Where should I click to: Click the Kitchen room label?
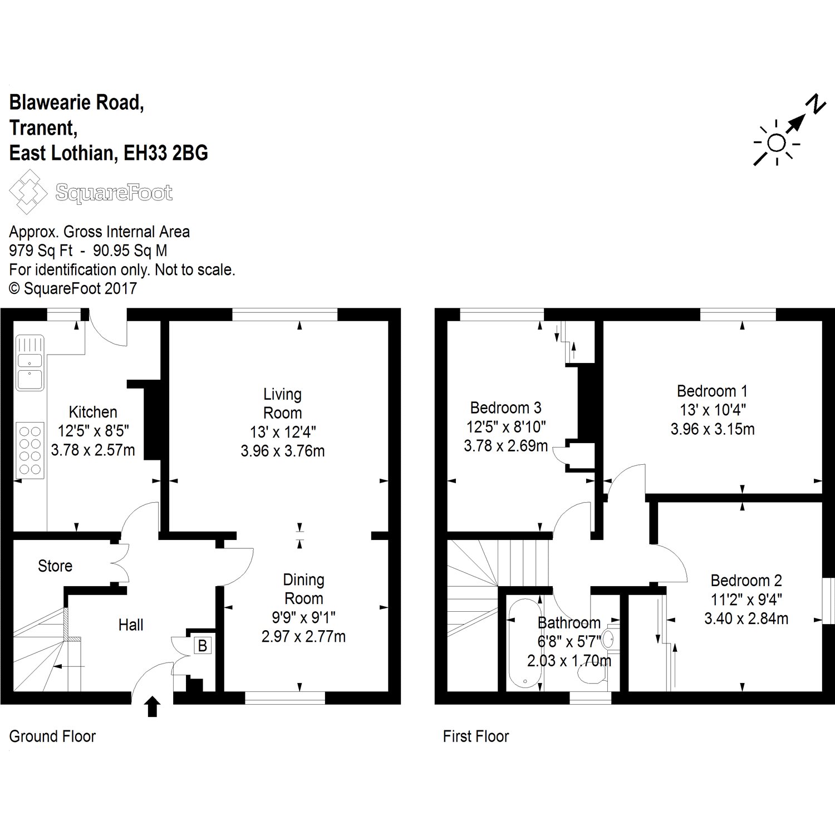pos(93,412)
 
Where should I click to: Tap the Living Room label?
pos(283,404)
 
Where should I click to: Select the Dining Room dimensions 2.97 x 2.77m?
pos(303,636)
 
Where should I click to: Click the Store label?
pos(55,566)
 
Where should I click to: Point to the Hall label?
pos(131,625)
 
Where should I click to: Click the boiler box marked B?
pos(203,646)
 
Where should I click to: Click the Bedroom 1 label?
pos(712,391)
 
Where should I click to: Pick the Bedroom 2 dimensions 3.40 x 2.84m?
pos(746,618)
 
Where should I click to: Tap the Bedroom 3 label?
pos(505,408)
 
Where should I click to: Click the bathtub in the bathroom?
pos(524,644)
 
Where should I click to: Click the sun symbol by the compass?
pos(776,144)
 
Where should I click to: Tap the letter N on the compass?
pos(816,105)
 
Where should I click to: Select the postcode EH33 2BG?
pos(165,153)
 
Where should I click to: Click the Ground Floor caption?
pos(52,736)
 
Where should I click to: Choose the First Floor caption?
pos(476,736)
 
